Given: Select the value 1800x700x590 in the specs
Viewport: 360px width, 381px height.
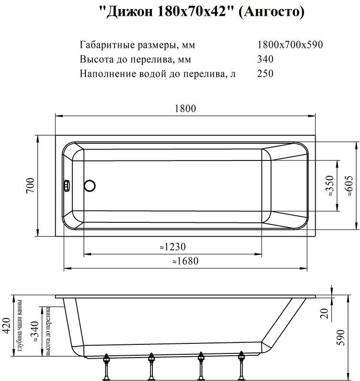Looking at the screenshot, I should coord(290,45).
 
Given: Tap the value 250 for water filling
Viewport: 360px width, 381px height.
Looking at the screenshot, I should coord(265,74).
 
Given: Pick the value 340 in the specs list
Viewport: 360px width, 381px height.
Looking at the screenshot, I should coord(265,60).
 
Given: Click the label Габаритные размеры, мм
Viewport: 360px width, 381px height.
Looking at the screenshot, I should coord(138,45).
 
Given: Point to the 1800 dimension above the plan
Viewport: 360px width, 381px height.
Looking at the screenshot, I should coord(185,108).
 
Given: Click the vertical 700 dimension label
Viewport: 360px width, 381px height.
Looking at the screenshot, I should coord(29,186).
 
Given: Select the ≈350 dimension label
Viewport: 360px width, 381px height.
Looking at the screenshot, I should coord(330,186).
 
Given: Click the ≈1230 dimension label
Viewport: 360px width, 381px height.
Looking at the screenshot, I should coord(172,247).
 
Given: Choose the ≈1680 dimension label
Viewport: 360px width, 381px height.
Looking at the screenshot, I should coord(185,261).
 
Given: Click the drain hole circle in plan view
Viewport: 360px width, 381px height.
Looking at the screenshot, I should coord(90,185).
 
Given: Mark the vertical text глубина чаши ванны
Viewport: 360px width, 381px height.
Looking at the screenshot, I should coord(20,329).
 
